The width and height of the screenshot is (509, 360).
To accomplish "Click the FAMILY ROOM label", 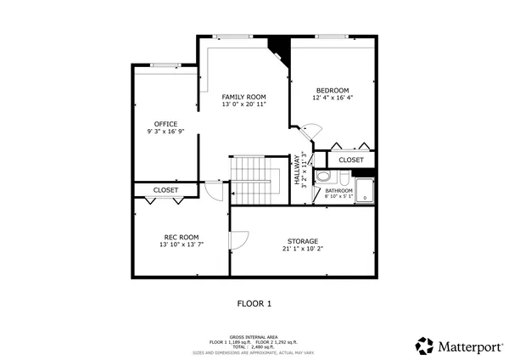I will tap(243, 97).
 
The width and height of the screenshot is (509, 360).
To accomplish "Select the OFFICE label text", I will tap(165, 124).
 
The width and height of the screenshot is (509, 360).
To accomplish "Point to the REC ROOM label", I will tap(181, 237).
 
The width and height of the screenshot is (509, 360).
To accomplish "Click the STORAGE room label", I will tap(302, 241).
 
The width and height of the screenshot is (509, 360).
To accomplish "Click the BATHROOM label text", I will tap(339, 191).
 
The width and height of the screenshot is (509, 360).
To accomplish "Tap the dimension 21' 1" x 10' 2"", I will tap(302, 249).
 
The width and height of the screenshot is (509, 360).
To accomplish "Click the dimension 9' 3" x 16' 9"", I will tap(165, 132).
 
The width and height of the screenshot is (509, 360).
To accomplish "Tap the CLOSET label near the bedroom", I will tap(350, 160).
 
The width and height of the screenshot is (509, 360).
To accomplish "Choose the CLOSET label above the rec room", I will tap(165, 189).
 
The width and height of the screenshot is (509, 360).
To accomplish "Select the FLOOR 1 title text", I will tap(254, 303).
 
